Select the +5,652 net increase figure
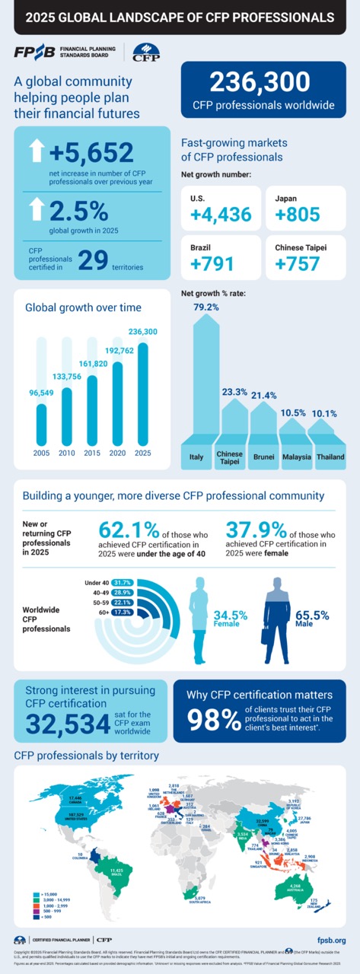91,154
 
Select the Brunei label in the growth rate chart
263,457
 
